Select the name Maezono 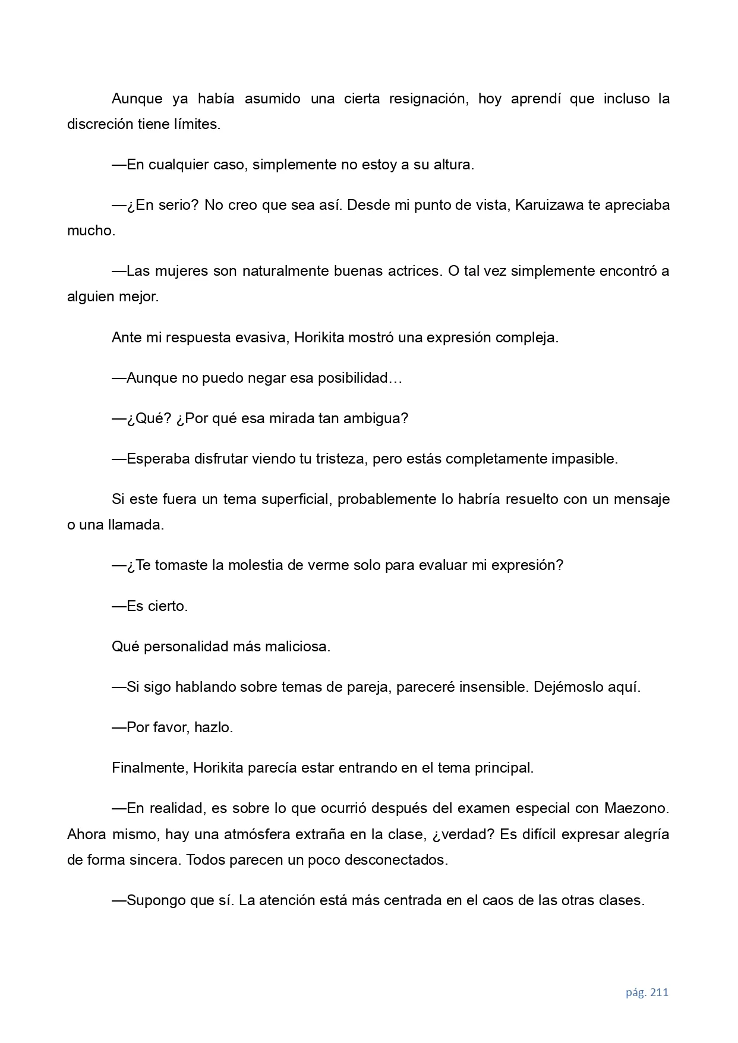636,808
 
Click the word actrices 411,271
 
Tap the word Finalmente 149,768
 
